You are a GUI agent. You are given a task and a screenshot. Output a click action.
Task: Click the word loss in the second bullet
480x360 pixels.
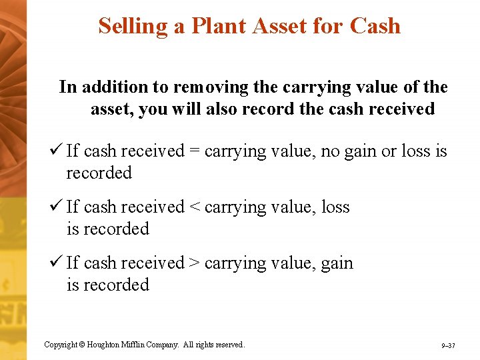335,207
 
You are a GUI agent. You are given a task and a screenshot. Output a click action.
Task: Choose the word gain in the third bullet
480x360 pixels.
337,264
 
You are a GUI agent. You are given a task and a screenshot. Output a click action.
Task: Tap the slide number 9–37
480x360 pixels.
448,346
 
